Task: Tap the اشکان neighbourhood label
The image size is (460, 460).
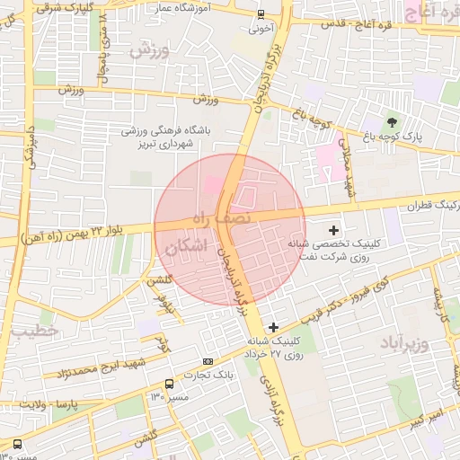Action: (186, 245)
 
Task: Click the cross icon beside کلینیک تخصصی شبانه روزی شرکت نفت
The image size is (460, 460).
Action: (334, 231)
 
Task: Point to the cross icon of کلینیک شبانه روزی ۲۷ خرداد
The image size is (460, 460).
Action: (273, 328)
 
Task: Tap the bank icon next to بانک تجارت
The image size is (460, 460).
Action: (208, 361)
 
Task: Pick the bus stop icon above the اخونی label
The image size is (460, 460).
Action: (261, 13)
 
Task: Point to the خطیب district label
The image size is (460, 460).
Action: (34, 331)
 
